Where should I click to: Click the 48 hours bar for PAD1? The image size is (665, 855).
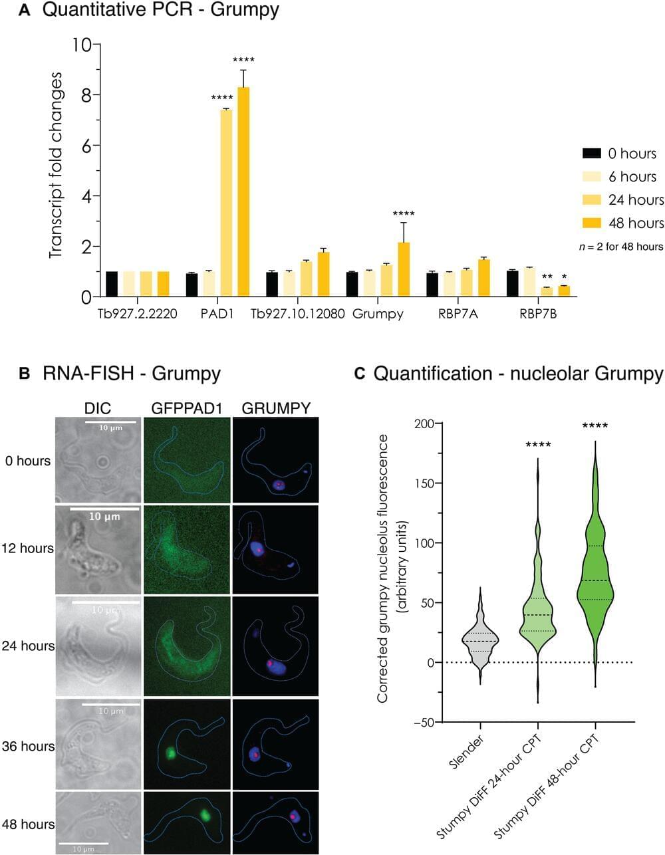click(243, 192)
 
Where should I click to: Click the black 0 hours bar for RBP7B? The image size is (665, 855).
click(512, 283)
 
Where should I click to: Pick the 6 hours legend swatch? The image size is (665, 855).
click(592, 177)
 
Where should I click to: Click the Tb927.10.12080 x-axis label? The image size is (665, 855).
click(297, 314)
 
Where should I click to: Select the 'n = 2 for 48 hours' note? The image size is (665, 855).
click(620, 247)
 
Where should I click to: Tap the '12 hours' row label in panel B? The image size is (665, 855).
click(27, 549)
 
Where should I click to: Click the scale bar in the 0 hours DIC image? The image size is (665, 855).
click(110, 422)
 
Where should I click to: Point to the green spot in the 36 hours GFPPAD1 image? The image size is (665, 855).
click(170, 753)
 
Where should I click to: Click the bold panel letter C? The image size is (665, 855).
click(360, 374)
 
